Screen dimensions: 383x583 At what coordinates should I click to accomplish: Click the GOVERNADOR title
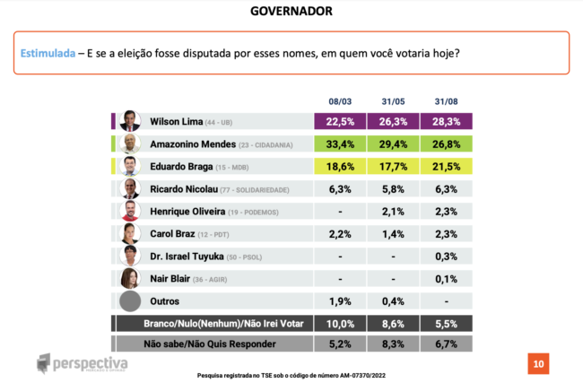pyautogui.click(x=291, y=11)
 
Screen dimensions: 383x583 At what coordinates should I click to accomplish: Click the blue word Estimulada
pyautogui.click(x=48, y=54)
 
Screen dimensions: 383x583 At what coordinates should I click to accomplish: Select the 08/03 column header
pyautogui.click(x=340, y=102)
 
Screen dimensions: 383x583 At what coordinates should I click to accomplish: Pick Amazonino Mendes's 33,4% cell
pyautogui.click(x=340, y=144)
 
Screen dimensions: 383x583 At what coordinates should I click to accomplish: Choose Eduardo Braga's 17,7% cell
pyautogui.click(x=393, y=166)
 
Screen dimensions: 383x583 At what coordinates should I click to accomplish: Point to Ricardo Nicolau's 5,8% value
pyautogui.click(x=393, y=188)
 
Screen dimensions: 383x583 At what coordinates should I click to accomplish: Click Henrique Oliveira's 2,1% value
pyautogui.click(x=393, y=211)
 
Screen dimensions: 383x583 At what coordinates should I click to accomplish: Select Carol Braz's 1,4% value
pyautogui.click(x=393, y=233)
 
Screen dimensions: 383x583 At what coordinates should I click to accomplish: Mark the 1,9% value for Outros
pyautogui.click(x=340, y=300)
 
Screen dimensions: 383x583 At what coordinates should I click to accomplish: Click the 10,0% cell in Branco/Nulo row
pyautogui.click(x=340, y=323)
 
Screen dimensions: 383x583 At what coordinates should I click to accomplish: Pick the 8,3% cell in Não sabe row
pyautogui.click(x=393, y=343)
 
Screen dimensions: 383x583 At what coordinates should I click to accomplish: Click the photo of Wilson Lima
pyautogui.click(x=131, y=121)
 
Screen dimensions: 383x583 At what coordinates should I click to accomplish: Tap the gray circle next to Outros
pyautogui.click(x=131, y=301)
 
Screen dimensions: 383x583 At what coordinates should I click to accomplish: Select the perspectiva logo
pyautogui.click(x=83, y=364)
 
